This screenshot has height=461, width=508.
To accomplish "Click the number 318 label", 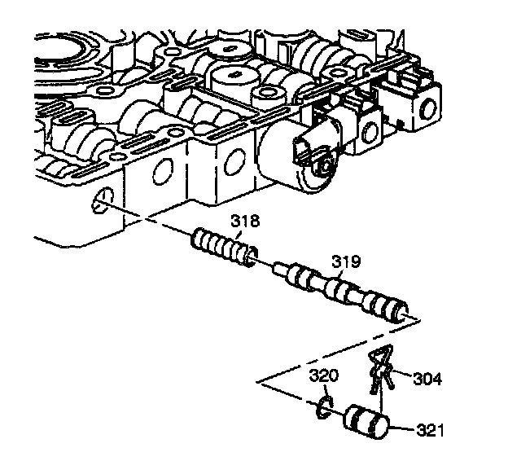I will point(244,220).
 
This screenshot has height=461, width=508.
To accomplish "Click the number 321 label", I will point(431,428).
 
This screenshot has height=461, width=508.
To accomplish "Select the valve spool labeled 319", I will point(342,292).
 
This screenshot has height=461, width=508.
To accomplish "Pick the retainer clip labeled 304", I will point(380,371).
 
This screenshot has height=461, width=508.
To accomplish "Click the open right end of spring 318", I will point(252,258).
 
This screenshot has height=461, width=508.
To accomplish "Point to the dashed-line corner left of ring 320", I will point(258,381).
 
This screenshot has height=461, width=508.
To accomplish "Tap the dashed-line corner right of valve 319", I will point(418,320).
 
